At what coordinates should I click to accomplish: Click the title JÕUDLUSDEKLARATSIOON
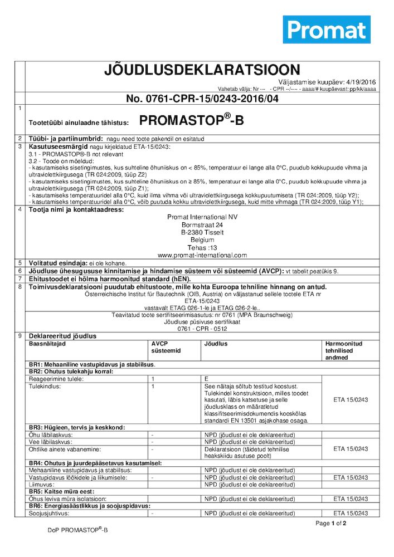click(x=202, y=70)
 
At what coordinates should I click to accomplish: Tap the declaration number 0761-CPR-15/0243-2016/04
click(x=202, y=99)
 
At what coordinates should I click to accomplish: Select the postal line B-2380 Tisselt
click(x=202, y=232)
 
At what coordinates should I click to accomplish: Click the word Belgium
click(x=202, y=240)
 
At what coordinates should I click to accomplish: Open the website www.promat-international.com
click(x=202, y=255)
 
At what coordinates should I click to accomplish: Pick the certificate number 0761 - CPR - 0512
click(x=202, y=328)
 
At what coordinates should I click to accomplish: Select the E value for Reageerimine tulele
click(x=207, y=379)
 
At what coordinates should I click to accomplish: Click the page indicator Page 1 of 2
click(x=330, y=523)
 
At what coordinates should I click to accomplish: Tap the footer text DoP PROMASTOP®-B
click(x=77, y=530)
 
